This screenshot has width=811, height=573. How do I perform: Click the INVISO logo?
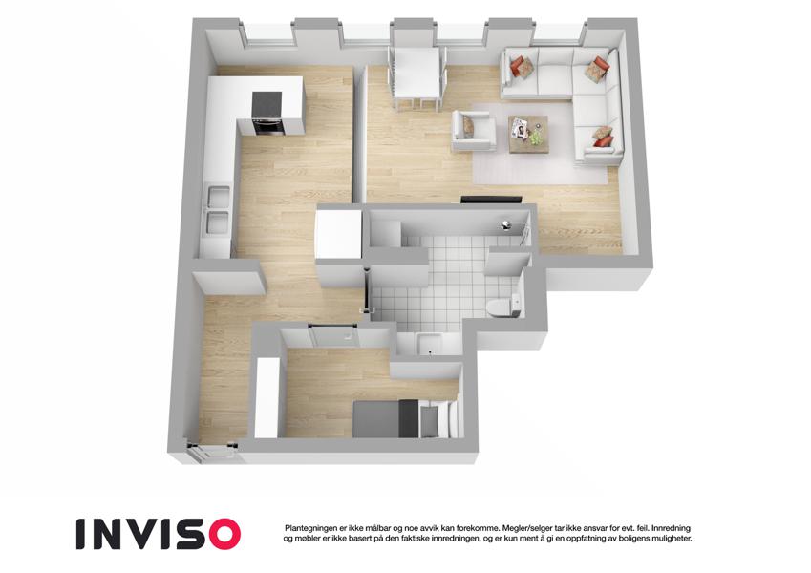(x=159, y=534)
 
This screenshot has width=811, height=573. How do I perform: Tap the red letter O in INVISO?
(x=224, y=534)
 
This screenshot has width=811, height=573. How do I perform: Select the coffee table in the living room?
(x=528, y=135)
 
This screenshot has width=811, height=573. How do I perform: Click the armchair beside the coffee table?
(x=473, y=132)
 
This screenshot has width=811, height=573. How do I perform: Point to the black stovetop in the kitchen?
(x=267, y=104)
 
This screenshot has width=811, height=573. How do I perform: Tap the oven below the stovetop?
(x=267, y=126)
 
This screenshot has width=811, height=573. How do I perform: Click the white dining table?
(x=416, y=73)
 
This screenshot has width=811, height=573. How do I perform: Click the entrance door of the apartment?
(x=213, y=451)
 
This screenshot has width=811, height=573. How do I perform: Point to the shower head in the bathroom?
(x=505, y=224)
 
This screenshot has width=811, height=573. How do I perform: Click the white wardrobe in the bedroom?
(x=267, y=397)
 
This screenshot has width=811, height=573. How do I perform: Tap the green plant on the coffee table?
(x=536, y=138)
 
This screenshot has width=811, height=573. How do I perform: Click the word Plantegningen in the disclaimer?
(x=310, y=528)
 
